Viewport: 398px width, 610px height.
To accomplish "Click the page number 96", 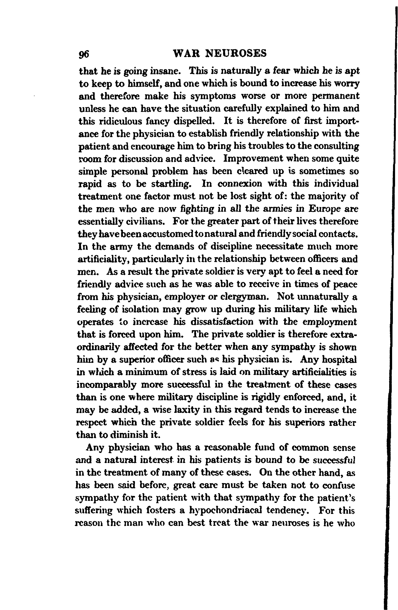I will pos(84,54).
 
